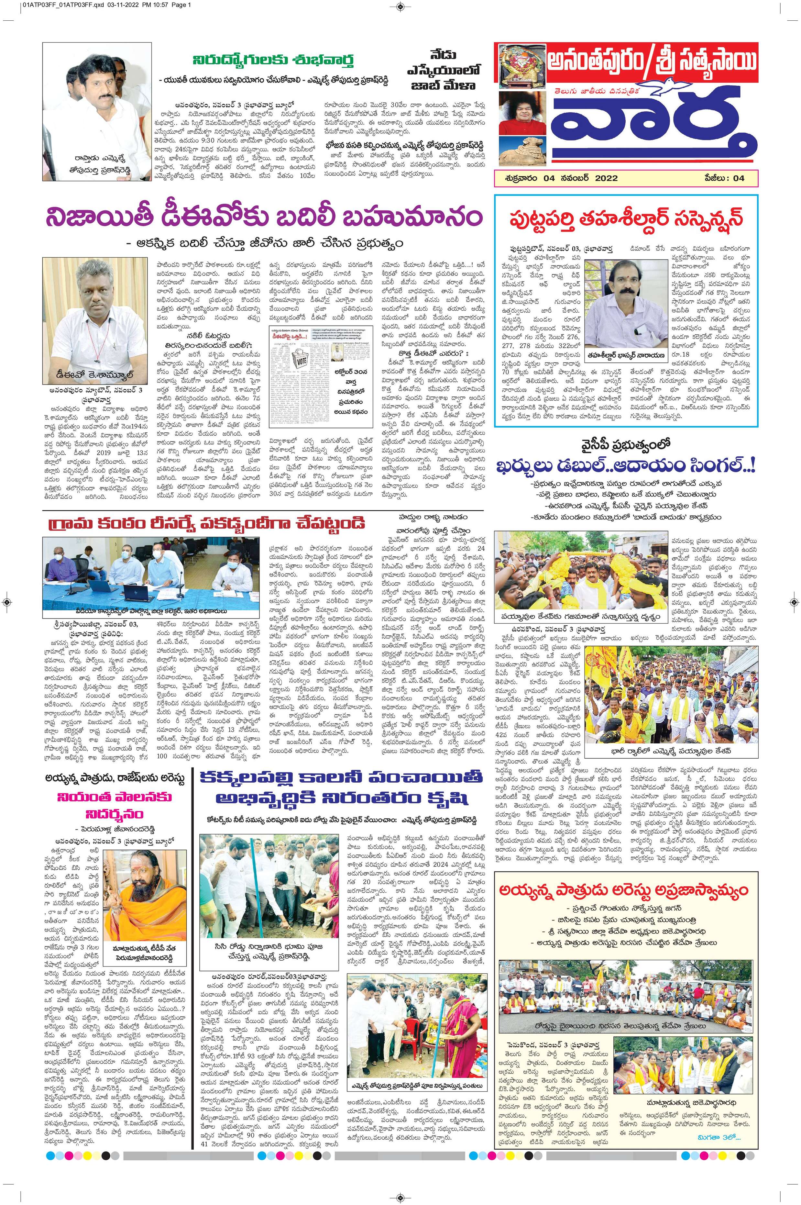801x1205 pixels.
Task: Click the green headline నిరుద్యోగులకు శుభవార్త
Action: pos(273,59)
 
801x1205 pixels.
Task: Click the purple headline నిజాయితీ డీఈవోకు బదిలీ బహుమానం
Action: pos(263,215)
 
